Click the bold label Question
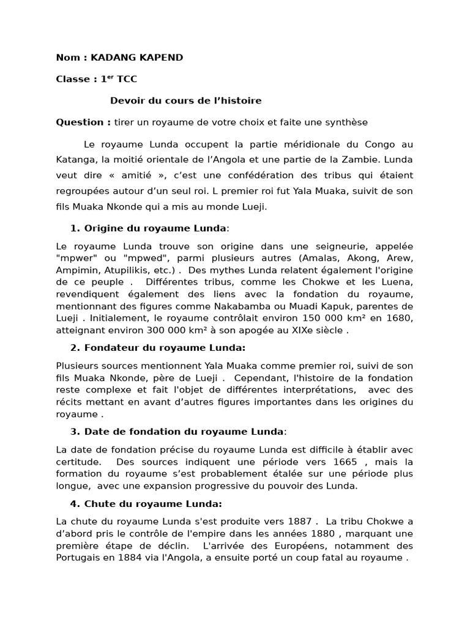point(81,122)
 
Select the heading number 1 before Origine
point(74,228)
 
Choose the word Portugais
point(78,558)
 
